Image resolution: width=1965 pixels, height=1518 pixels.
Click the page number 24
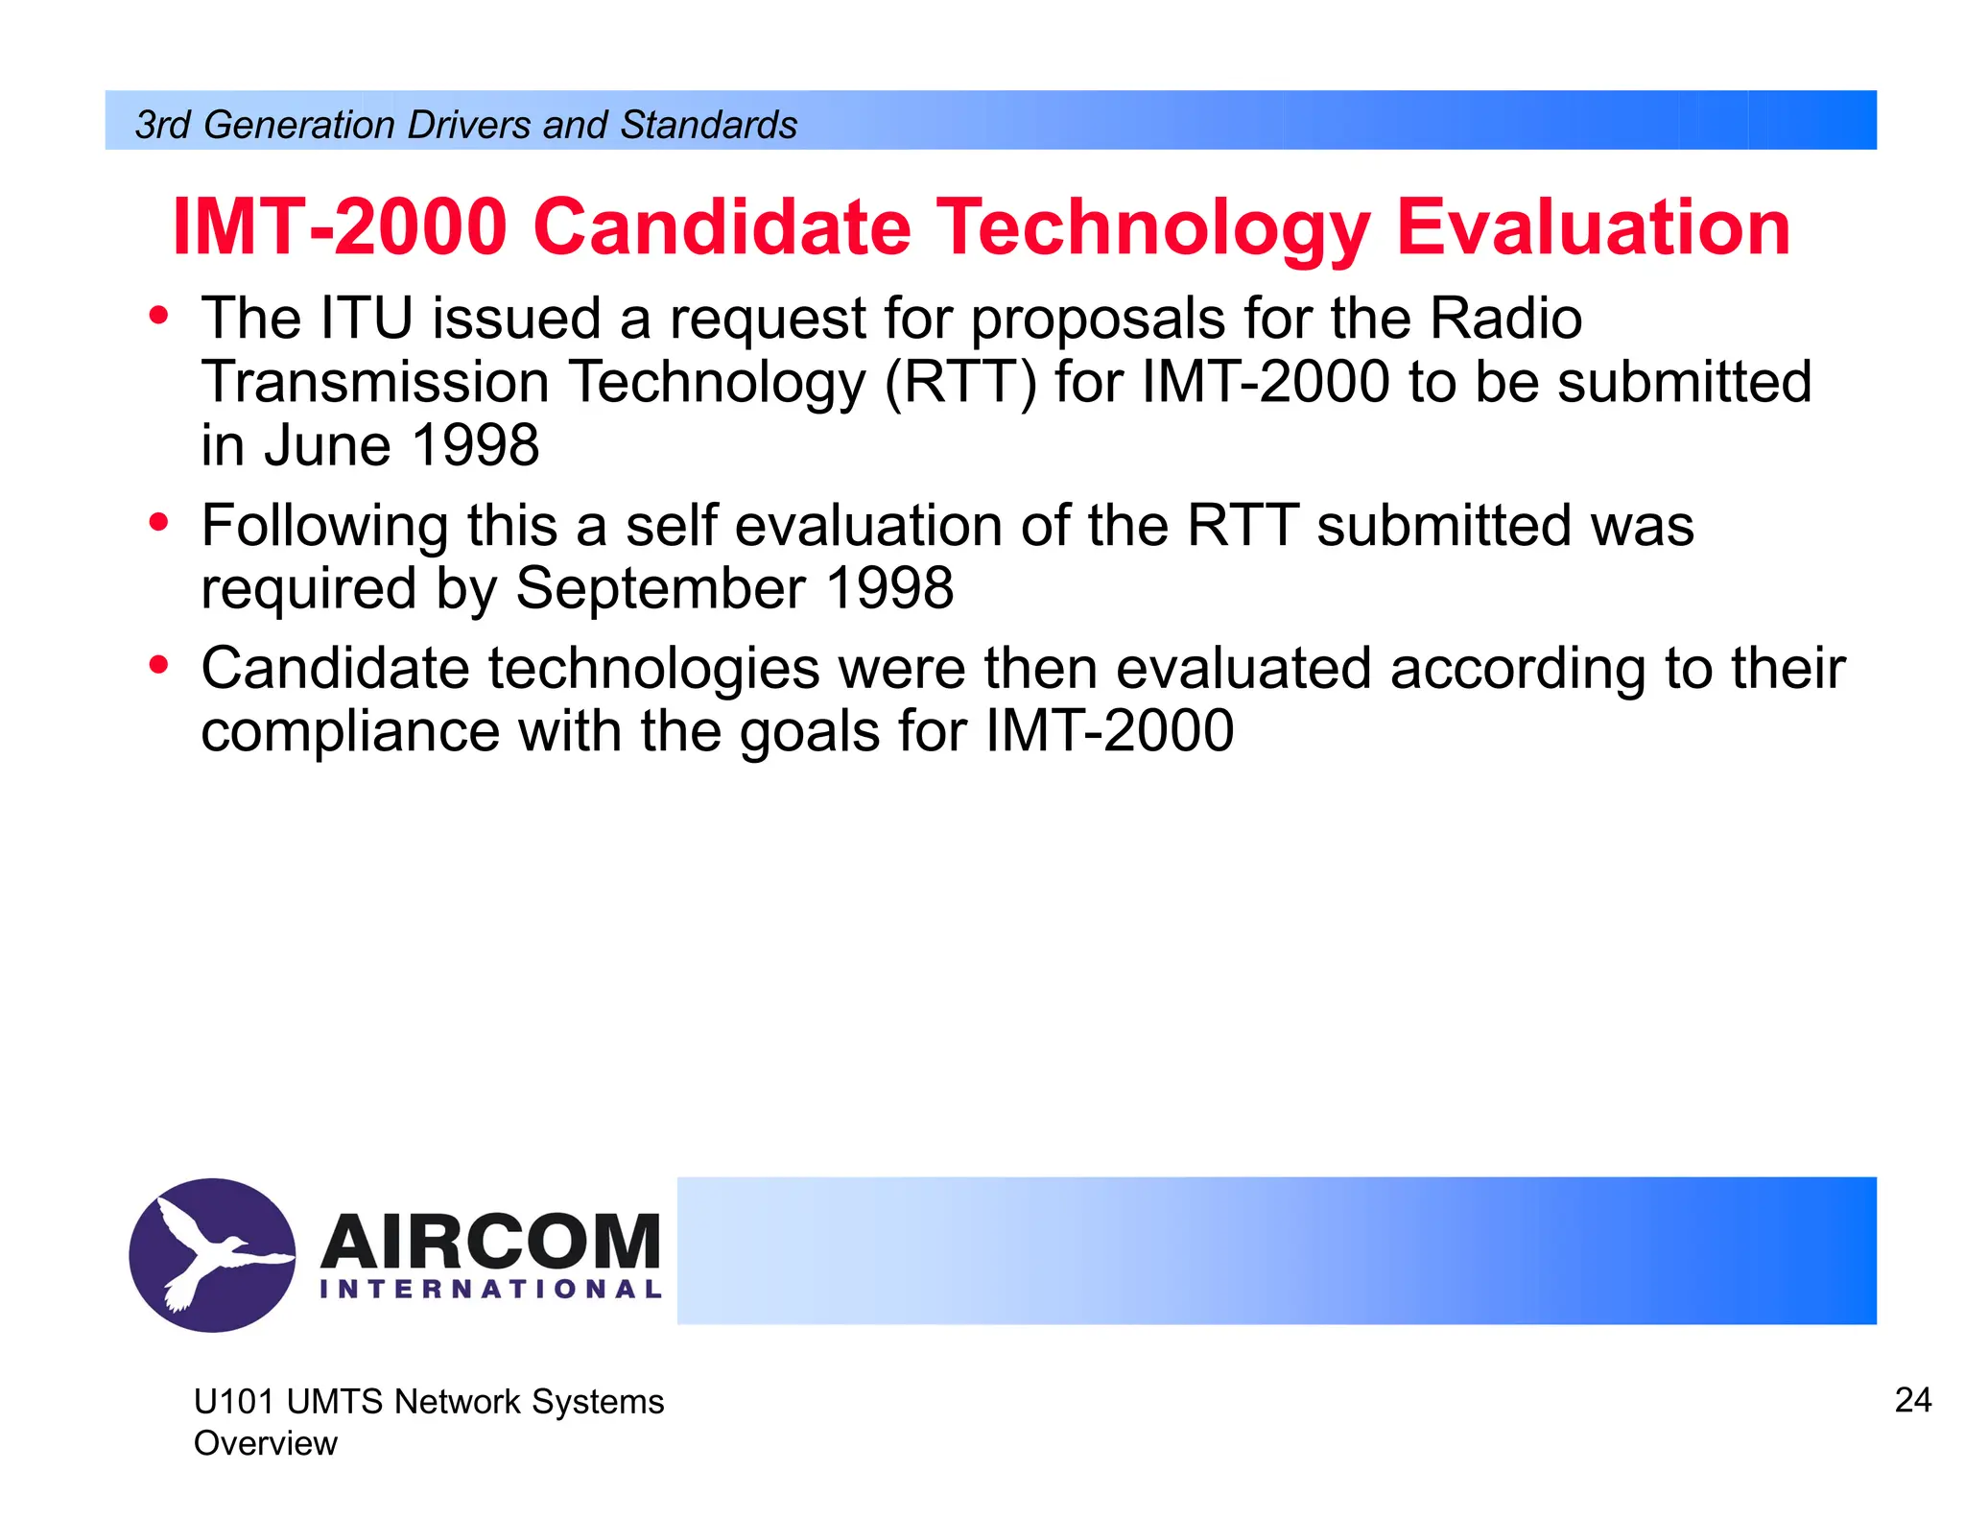(x=1912, y=1400)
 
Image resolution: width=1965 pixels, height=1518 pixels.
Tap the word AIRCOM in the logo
(x=490, y=1242)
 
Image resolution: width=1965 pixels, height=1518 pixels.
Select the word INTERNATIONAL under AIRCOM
(x=490, y=1289)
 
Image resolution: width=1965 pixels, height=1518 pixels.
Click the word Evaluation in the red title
(x=1593, y=227)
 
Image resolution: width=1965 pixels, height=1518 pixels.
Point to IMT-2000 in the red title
(x=340, y=227)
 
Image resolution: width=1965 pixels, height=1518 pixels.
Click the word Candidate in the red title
(x=721, y=227)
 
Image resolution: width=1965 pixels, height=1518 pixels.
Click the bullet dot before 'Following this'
(x=159, y=522)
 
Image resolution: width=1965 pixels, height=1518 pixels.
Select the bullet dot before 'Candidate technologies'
(x=159, y=664)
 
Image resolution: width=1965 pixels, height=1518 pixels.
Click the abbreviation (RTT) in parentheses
(x=959, y=382)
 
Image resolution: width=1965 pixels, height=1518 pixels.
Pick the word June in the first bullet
(x=327, y=446)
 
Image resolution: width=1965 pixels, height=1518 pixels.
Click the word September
(x=660, y=588)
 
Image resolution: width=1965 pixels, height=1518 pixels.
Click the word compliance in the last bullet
(x=350, y=732)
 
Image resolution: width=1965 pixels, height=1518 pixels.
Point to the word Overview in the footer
(x=266, y=1443)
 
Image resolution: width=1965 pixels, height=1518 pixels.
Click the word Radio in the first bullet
(x=1505, y=319)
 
